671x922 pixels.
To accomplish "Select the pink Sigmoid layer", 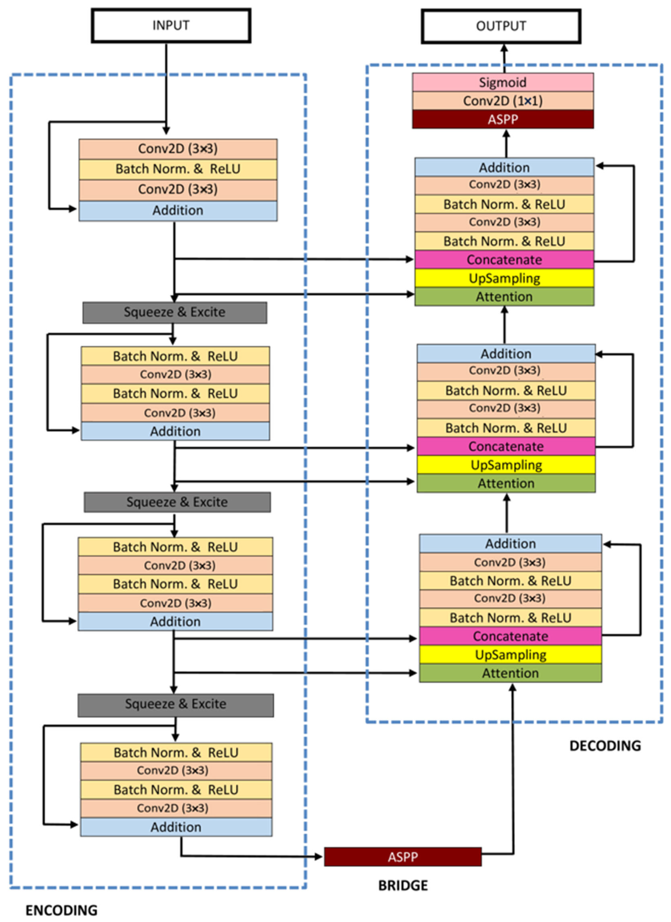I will tap(503, 83).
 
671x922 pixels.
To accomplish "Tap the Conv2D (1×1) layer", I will tap(503, 101).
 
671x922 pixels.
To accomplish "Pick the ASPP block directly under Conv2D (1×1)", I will tap(503, 119).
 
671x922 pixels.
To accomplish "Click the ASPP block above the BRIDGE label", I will tap(403, 857).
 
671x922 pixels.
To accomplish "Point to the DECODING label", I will tap(605, 746).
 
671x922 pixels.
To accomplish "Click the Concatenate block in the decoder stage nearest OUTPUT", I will tap(504, 260).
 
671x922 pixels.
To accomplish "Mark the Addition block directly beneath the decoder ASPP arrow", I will tap(504, 168).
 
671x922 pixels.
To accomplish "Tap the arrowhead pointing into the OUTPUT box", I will tap(504, 47).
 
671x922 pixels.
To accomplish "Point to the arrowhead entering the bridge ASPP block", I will tap(319, 857).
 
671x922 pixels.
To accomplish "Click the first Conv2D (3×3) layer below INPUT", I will tap(178, 149).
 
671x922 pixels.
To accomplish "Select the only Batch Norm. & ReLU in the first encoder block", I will tap(178, 169).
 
